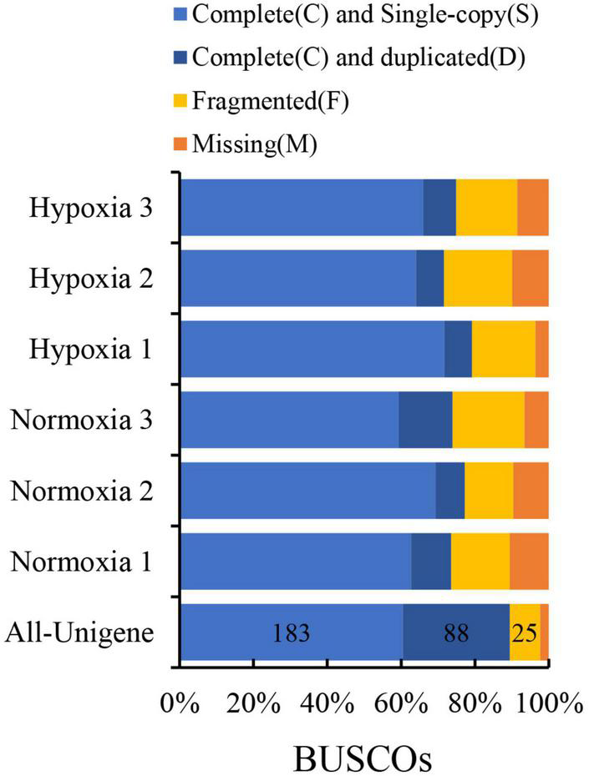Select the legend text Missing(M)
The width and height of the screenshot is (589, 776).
click(x=256, y=144)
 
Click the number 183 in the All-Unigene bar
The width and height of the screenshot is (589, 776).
click(x=292, y=633)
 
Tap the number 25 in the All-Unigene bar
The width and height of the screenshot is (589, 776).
click(x=526, y=633)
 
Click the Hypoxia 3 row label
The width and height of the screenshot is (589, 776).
click(x=90, y=208)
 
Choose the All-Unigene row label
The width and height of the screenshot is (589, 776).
click(x=79, y=633)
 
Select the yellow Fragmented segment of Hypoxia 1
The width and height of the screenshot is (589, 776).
click(x=503, y=349)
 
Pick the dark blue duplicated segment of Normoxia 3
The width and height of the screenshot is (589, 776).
click(x=425, y=420)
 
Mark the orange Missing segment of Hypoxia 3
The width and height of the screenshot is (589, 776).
click(x=532, y=208)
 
